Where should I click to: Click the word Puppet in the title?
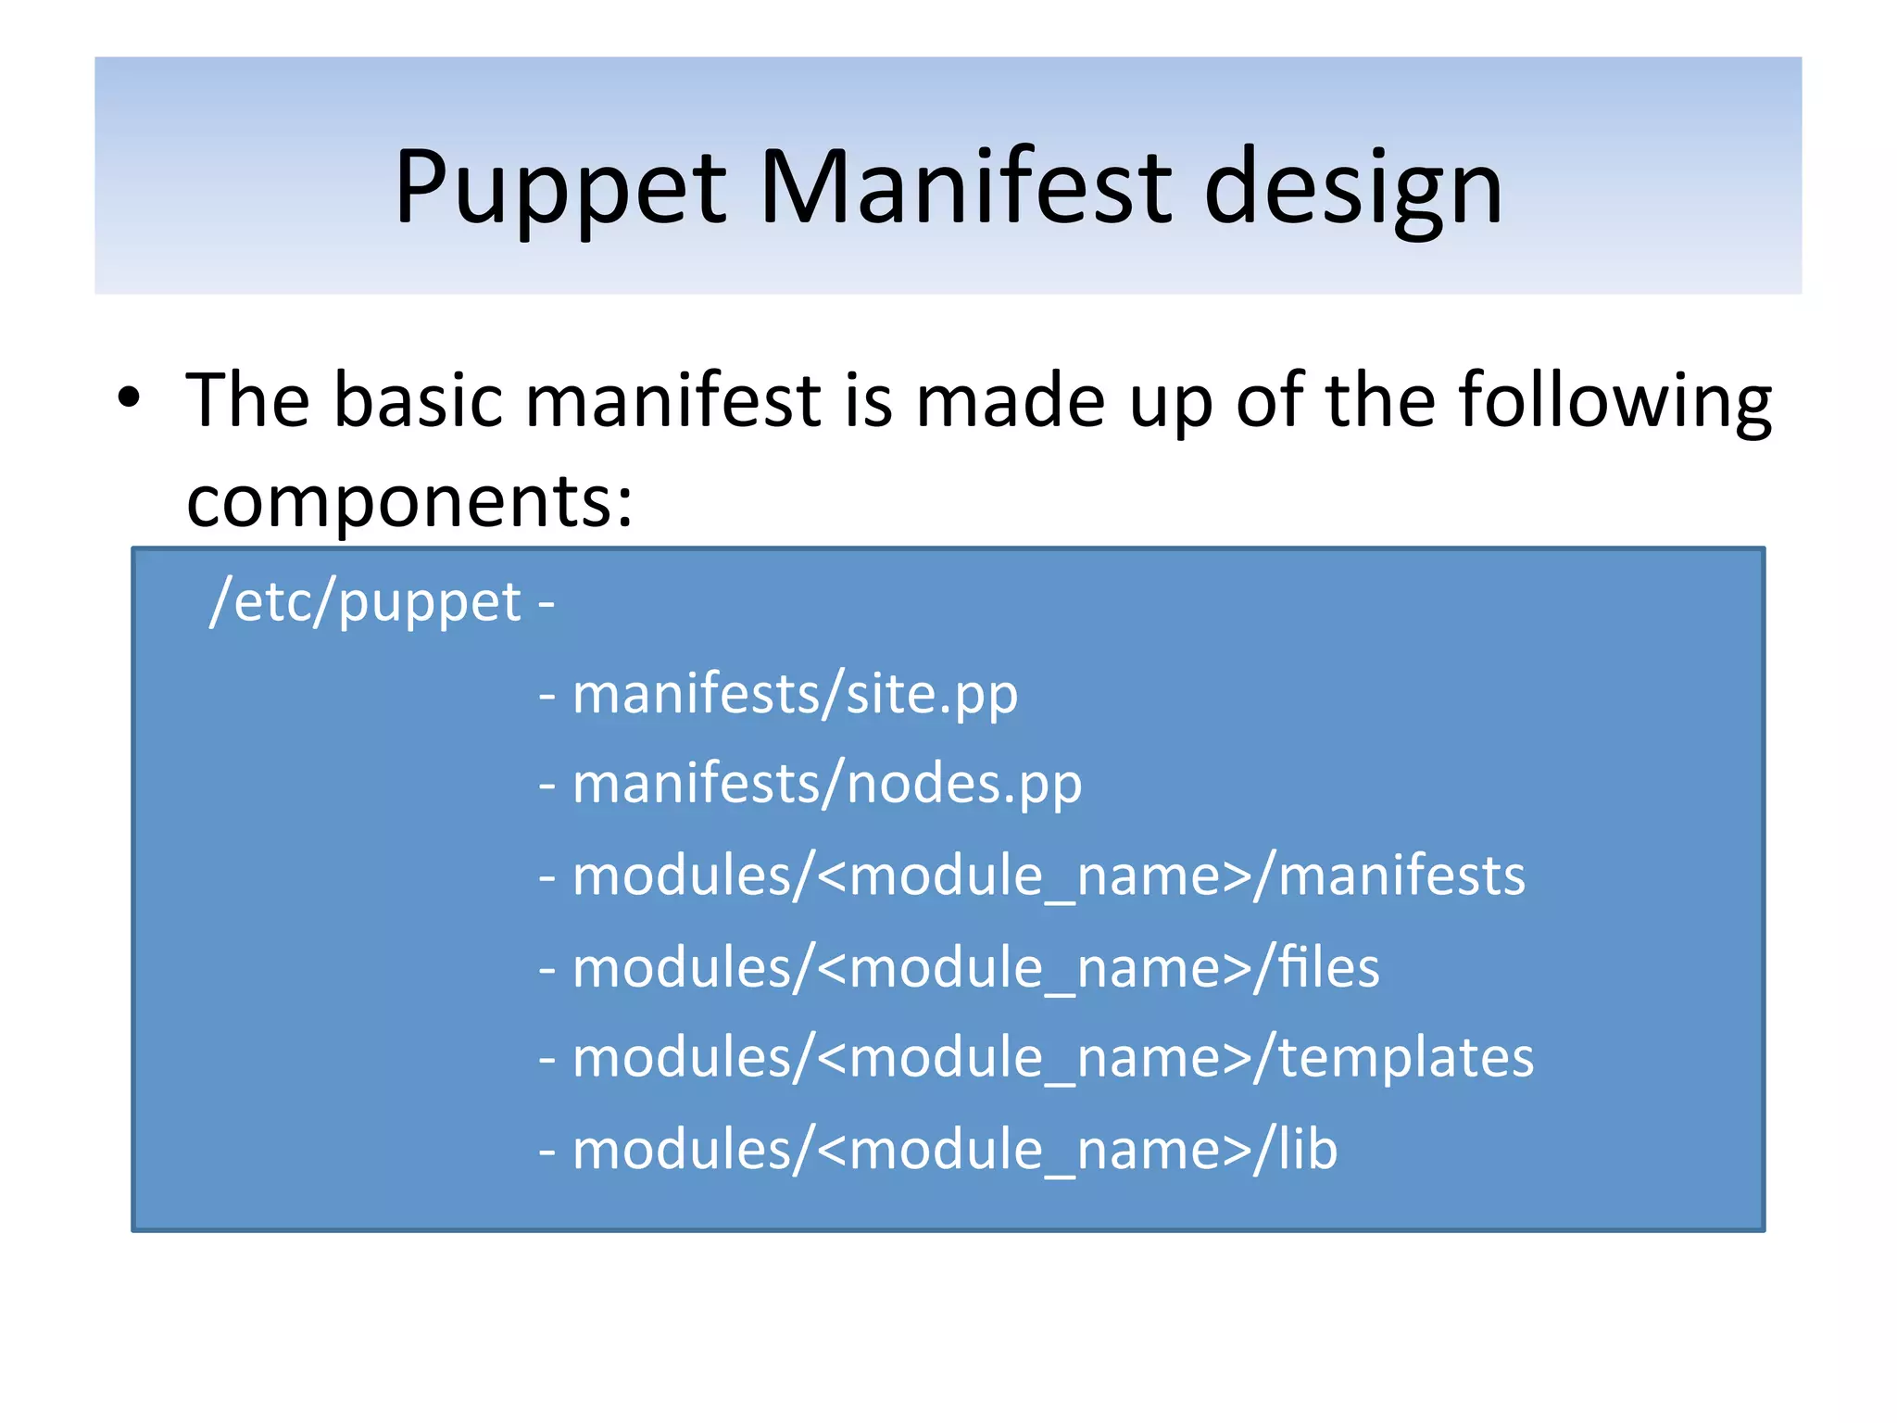tap(559, 188)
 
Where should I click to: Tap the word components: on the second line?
tap(409, 501)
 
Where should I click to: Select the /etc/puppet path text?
tap(366, 601)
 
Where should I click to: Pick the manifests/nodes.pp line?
tap(826, 784)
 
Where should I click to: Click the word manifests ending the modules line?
tap(1401, 875)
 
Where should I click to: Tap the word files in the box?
tap(1328, 967)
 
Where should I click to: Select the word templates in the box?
tap(1405, 1057)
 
